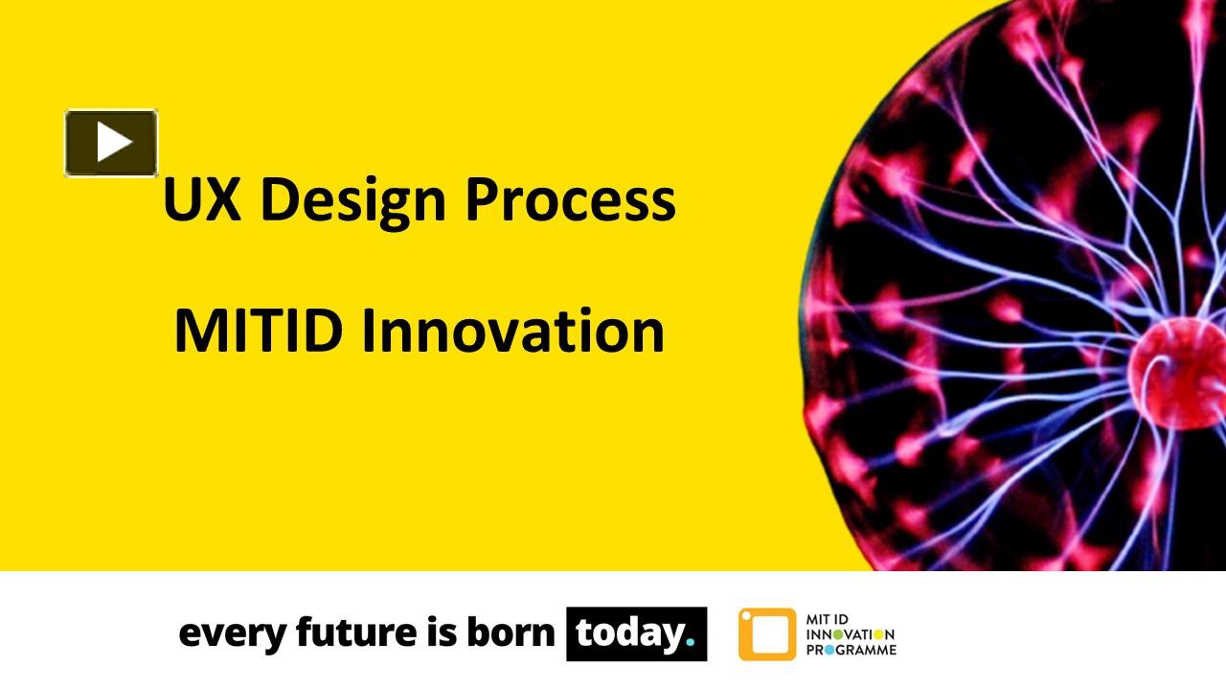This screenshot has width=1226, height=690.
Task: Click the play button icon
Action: pyautogui.click(x=111, y=143)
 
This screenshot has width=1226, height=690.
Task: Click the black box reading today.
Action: pyautogui.click(x=636, y=633)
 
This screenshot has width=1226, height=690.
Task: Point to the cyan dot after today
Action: pyautogui.click(x=690, y=644)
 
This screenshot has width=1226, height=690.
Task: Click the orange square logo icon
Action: pyautogui.click(x=766, y=634)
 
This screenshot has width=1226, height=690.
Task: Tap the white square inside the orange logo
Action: pyautogui.click(x=767, y=634)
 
